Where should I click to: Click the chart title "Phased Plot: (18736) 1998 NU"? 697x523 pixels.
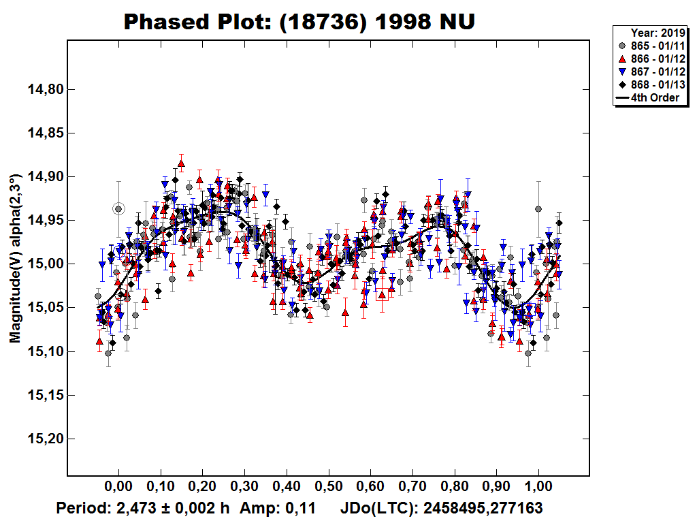299,22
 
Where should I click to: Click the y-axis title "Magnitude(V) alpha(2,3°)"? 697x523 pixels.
15,258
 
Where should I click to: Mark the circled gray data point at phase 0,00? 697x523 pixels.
118,209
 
